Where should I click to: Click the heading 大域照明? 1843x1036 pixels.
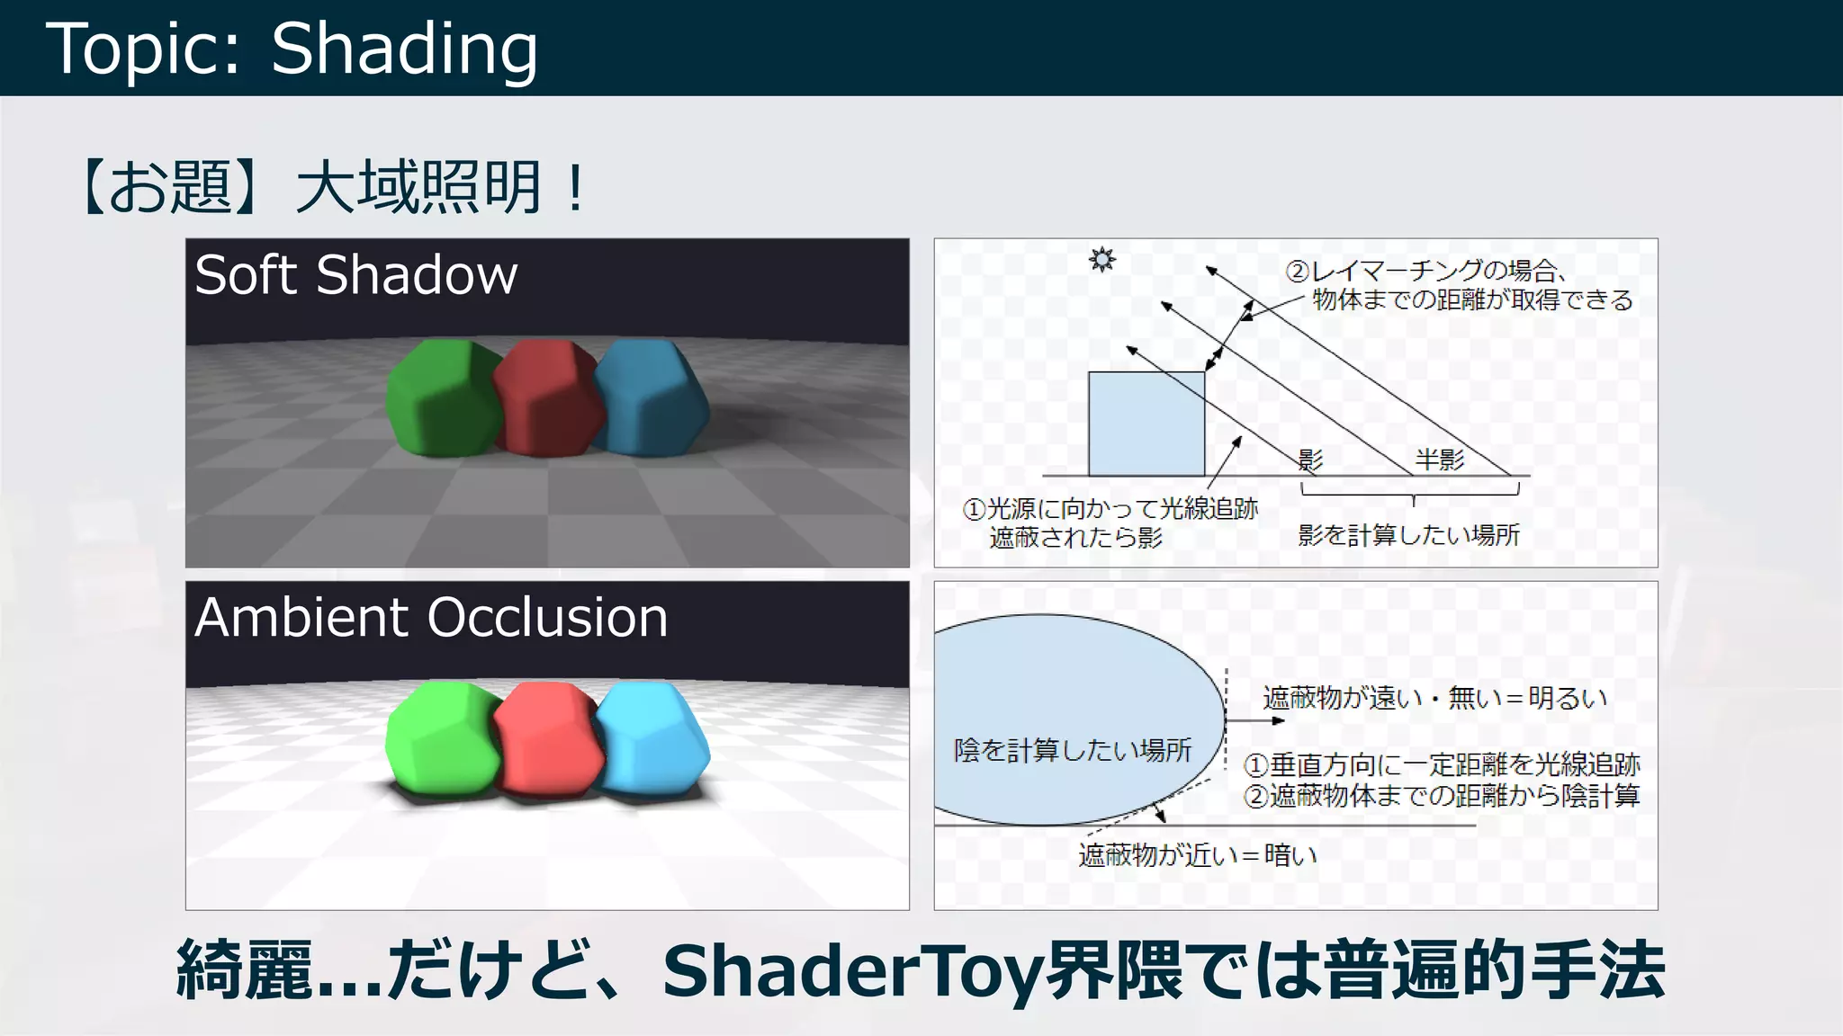pyautogui.click(x=418, y=188)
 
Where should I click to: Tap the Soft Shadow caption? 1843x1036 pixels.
pyautogui.click(x=355, y=274)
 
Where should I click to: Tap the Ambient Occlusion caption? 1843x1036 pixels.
pyautogui.click(x=431, y=618)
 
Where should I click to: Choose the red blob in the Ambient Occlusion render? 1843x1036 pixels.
pyautogui.click(x=548, y=739)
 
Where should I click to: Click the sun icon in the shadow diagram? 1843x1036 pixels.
pyautogui.click(x=1101, y=260)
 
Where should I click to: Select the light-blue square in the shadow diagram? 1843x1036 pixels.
pyautogui.click(x=1146, y=424)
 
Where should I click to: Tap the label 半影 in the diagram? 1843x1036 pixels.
pyautogui.click(x=1440, y=460)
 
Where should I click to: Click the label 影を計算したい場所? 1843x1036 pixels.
pyautogui.click(x=1408, y=535)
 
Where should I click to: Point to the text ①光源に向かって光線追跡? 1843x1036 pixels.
pyautogui.click(x=1110, y=509)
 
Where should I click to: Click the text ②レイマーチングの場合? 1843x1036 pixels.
pyautogui.click(x=1426, y=271)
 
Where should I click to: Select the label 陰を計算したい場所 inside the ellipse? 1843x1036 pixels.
pyautogui.click(x=1073, y=750)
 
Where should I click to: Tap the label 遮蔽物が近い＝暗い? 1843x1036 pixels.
pyautogui.click(x=1198, y=854)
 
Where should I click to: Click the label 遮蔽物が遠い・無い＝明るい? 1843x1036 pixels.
pyautogui.click(x=1434, y=698)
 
